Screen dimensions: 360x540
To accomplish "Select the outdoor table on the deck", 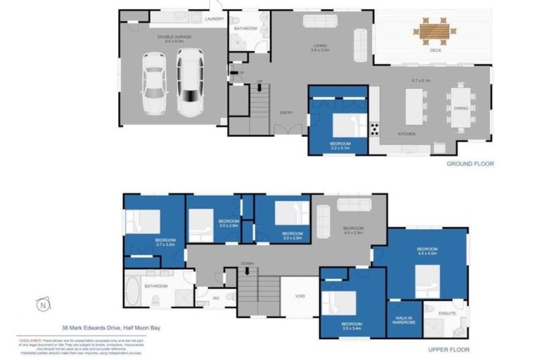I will click(434, 30).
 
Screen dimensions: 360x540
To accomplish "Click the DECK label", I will click(435, 50).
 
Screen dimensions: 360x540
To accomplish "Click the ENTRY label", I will click(285, 112).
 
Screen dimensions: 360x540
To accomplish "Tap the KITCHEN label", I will click(406, 134).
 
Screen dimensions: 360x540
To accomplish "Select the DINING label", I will click(461, 108).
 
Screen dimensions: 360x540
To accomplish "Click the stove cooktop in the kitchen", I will click(374, 129).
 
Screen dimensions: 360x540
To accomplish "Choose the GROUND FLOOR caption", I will click(470, 163).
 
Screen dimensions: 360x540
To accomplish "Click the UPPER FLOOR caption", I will click(449, 349).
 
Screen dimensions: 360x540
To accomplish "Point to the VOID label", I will click(300, 296).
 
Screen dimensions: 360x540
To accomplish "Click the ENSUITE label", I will click(446, 313).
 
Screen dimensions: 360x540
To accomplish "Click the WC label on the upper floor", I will click(217, 297).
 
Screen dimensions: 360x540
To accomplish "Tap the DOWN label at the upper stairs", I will click(247, 264).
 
